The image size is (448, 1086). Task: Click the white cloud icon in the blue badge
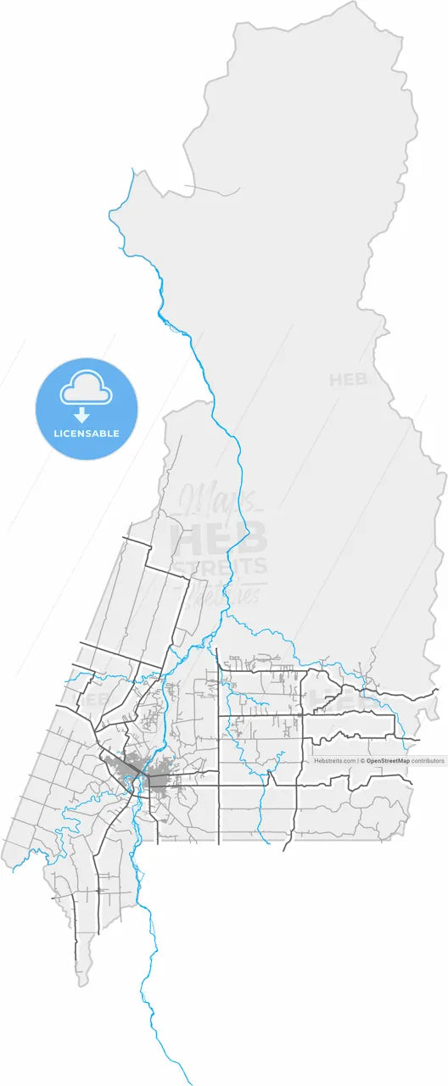click(86, 389)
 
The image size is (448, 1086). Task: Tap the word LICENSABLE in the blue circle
click(86, 434)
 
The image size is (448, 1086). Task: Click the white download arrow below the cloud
click(81, 415)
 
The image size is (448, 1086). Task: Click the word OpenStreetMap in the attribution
click(388, 761)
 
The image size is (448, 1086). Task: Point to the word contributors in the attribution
click(428, 761)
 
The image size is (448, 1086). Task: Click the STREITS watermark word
click(220, 566)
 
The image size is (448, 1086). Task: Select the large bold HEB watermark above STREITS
click(219, 537)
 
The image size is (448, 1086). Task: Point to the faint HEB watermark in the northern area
click(348, 380)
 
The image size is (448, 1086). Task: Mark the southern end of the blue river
click(188, 1083)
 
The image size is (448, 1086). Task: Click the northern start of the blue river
click(132, 170)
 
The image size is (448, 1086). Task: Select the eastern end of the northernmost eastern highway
click(436, 691)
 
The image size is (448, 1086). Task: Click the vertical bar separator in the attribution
click(358, 761)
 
